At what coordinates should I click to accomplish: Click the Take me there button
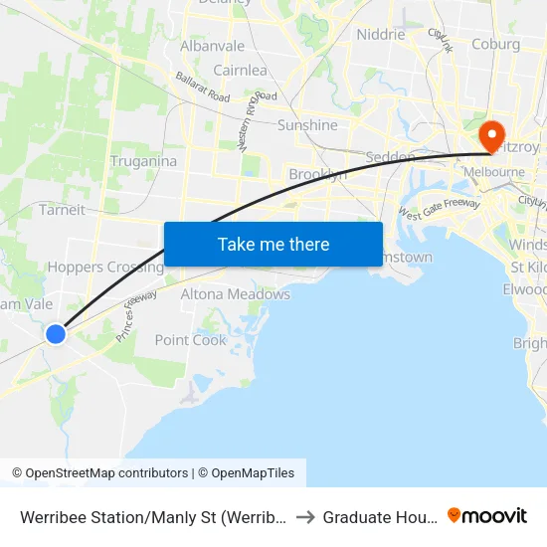click(273, 244)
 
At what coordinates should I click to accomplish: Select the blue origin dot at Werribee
click(56, 334)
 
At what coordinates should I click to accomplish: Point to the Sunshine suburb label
click(307, 125)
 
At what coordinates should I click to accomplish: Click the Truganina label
click(143, 161)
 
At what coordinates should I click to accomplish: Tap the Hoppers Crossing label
click(105, 267)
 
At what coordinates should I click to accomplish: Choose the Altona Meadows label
click(235, 294)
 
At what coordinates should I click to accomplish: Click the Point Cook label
click(190, 340)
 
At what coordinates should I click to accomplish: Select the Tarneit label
click(62, 210)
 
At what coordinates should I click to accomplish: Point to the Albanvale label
click(212, 47)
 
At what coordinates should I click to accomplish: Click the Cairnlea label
click(240, 71)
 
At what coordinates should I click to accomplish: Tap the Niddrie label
click(380, 34)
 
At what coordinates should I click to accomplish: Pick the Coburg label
click(495, 44)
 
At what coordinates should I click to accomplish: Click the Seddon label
click(390, 157)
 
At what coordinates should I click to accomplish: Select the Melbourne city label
click(496, 171)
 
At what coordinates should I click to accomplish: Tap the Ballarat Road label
click(202, 87)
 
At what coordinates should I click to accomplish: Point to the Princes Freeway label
click(137, 316)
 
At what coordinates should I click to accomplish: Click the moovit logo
click(487, 515)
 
